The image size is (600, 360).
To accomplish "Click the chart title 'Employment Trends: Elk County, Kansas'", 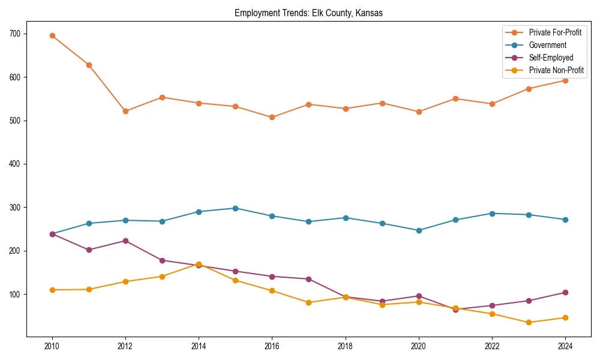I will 308,13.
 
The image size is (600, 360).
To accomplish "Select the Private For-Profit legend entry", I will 554,32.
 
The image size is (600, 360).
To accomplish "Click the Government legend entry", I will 547,45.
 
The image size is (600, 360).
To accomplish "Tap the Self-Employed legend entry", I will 551,58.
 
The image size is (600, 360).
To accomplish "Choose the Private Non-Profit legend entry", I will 556,70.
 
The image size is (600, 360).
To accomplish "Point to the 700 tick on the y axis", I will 14,34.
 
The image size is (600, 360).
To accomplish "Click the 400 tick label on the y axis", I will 14,164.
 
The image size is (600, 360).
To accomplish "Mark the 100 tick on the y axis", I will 14,295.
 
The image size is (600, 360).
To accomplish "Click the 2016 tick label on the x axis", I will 272,346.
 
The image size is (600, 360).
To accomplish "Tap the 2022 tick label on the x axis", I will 492,346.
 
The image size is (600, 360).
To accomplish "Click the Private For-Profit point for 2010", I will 52,35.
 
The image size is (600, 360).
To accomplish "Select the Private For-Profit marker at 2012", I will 125,112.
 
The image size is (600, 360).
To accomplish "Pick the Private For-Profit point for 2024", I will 565,80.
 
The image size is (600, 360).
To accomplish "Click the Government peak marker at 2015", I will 235,208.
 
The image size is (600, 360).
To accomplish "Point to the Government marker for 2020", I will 419,230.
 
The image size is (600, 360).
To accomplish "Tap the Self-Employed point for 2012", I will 125,241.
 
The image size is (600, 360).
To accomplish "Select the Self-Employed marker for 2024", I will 565,293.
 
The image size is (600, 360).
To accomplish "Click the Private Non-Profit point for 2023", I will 529,322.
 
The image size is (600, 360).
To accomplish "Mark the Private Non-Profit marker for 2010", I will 52,290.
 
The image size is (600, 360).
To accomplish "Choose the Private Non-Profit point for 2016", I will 272,290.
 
